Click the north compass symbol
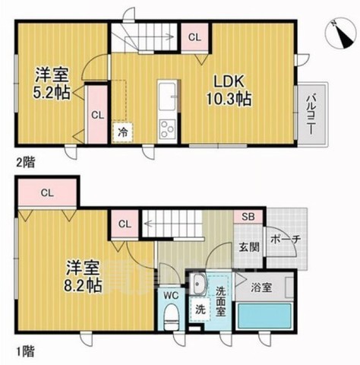[338, 28]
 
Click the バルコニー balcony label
[311, 113]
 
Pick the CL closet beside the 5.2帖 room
[96, 115]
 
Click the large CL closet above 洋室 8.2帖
[47, 192]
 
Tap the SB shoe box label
[248, 217]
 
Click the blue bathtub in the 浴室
[264, 315]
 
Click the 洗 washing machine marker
[201, 310]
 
